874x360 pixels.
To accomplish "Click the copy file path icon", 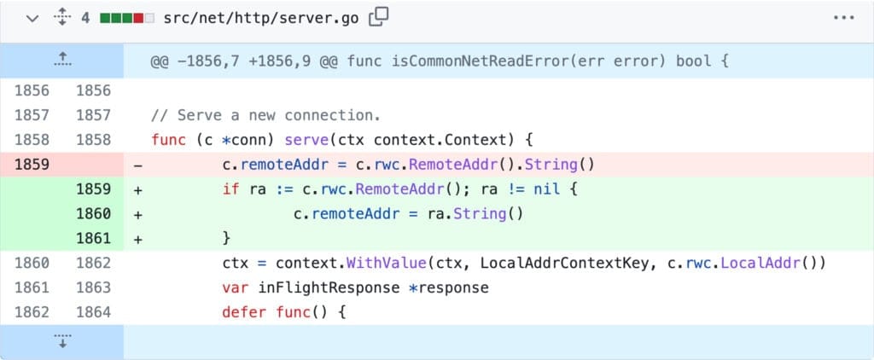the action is pyautogui.click(x=378, y=18).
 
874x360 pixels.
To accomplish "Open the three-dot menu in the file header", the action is pyautogui.click(x=844, y=18).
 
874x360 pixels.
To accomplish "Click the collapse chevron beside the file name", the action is pyautogui.click(x=33, y=19).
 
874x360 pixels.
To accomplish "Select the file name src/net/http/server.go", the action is pyautogui.click(x=261, y=19).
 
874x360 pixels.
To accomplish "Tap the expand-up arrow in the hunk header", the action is pyautogui.click(x=62, y=60).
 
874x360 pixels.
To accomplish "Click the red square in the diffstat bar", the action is pyautogui.click(x=138, y=19).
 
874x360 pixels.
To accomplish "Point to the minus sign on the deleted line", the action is pyautogui.click(x=137, y=165).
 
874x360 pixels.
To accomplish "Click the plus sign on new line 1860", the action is pyautogui.click(x=137, y=214).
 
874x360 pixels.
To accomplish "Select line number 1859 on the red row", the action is pyautogui.click(x=32, y=165).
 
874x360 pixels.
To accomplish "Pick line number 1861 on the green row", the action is pyautogui.click(x=94, y=239).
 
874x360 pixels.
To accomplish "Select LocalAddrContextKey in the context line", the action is pyautogui.click(x=565, y=263).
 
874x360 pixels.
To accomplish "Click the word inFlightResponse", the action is pyautogui.click(x=329, y=287).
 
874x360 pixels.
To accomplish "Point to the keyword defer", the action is pyautogui.click(x=244, y=312).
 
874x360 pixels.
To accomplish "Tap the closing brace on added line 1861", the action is pyautogui.click(x=226, y=239).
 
